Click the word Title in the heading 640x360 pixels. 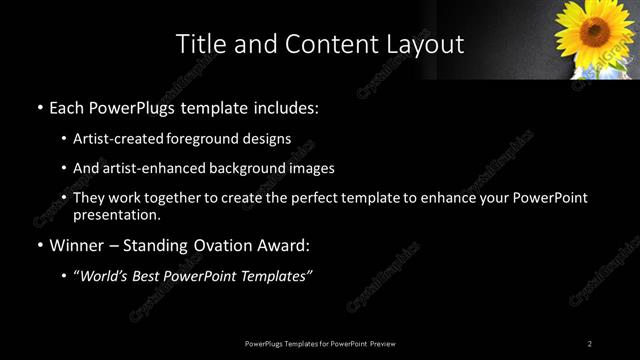pyautogui.click(x=199, y=44)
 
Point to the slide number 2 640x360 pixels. pyautogui.click(x=590, y=343)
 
